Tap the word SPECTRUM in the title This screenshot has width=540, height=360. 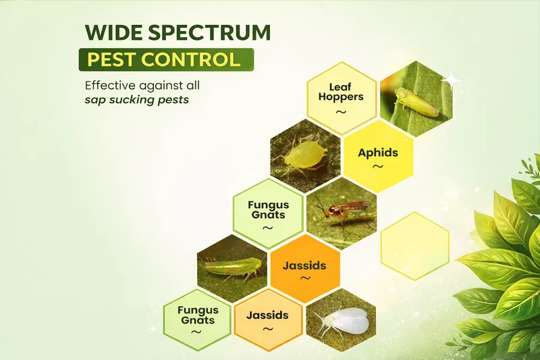(209, 32)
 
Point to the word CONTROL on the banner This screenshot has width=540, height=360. (190, 59)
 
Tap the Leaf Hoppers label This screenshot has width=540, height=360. (341, 92)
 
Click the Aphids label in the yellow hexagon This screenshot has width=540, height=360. (378, 153)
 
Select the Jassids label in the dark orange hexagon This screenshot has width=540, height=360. (304, 265)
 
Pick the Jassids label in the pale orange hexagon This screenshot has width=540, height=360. (267, 315)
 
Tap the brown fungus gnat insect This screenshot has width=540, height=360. (341, 213)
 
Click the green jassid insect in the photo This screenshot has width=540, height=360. (228, 267)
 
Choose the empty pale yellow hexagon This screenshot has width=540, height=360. (415, 246)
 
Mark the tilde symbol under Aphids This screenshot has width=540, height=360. (378, 166)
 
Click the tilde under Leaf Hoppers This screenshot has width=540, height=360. (341, 112)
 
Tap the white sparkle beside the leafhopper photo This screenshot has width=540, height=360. (450, 80)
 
